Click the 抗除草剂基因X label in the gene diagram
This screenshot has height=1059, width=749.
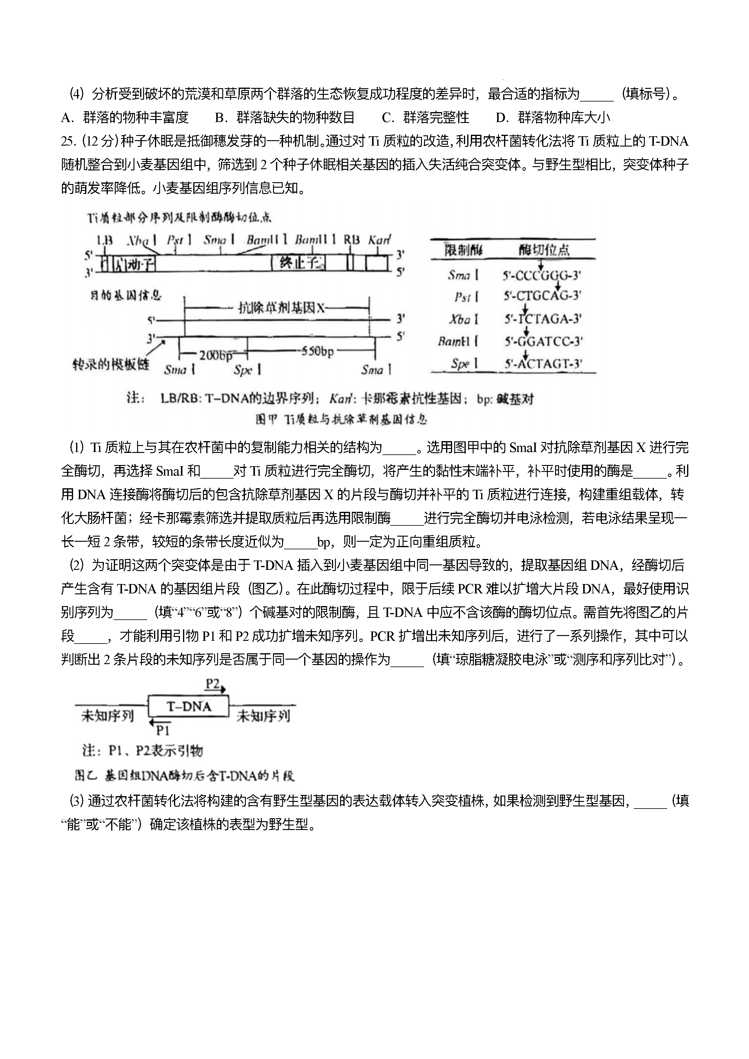click(281, 308)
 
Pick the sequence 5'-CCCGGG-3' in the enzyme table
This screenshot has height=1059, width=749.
click(542, 276)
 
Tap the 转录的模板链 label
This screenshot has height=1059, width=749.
click(111, 365)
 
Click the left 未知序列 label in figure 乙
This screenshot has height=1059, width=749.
click(108, 716)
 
